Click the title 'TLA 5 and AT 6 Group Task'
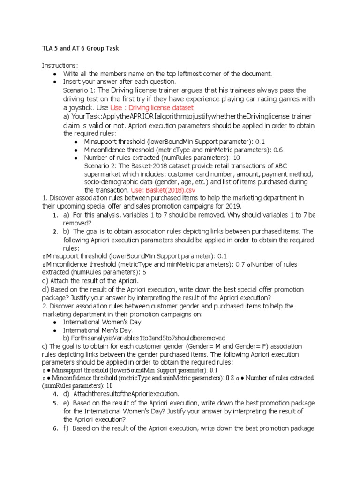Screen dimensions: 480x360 (x=80, y=48)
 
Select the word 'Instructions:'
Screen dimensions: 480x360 (x=60, y=65)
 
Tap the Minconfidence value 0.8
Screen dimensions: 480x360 (x=230, y=378)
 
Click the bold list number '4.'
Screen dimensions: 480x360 (x=55, y=394)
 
